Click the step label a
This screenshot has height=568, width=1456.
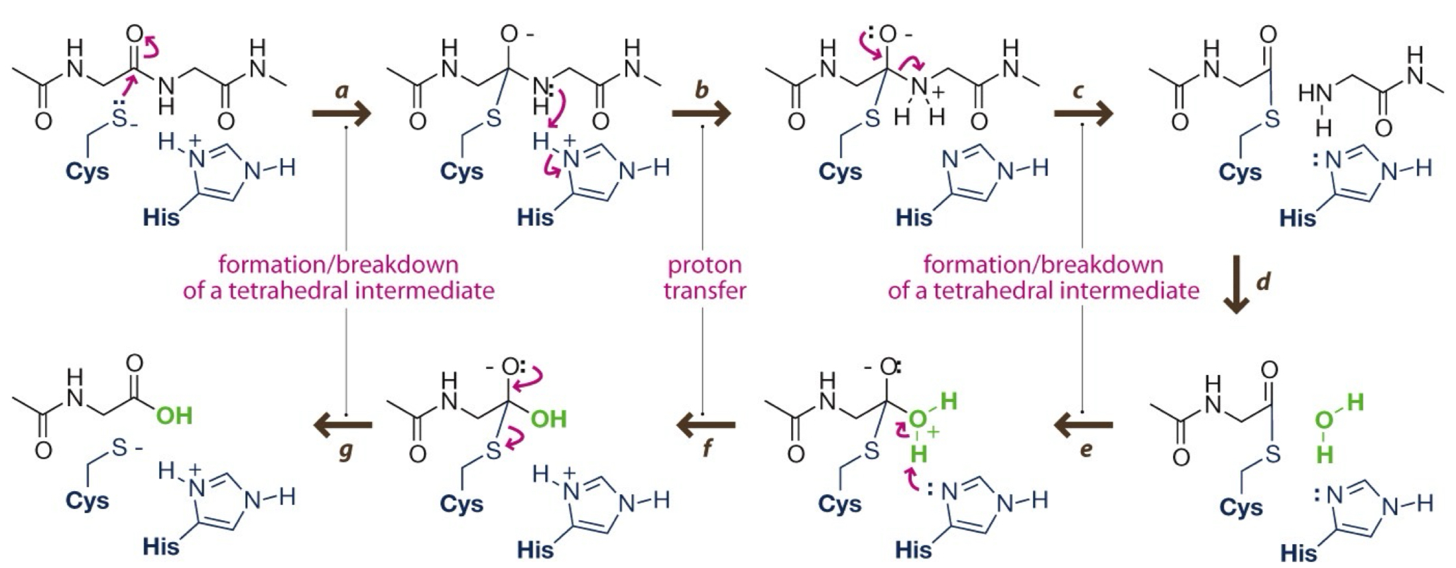point(342,91)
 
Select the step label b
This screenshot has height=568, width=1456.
point(701,91)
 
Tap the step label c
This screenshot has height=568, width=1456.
point(1079,91)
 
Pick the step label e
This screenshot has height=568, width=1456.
point(1085,450)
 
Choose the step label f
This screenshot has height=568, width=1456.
point(706,450)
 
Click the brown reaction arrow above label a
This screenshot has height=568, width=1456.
point(341,114)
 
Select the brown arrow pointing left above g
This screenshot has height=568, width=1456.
point(342,425)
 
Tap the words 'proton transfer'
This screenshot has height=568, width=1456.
point(705,277)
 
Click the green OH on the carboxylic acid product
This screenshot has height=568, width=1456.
point(174,416)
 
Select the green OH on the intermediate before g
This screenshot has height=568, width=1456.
point(549,419)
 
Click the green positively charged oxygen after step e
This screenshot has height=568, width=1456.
point(918,419)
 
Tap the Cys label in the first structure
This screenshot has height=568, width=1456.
point(88,172)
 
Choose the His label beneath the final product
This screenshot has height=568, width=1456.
point(162,545)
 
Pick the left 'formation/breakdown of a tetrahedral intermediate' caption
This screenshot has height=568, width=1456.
point(339,277)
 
